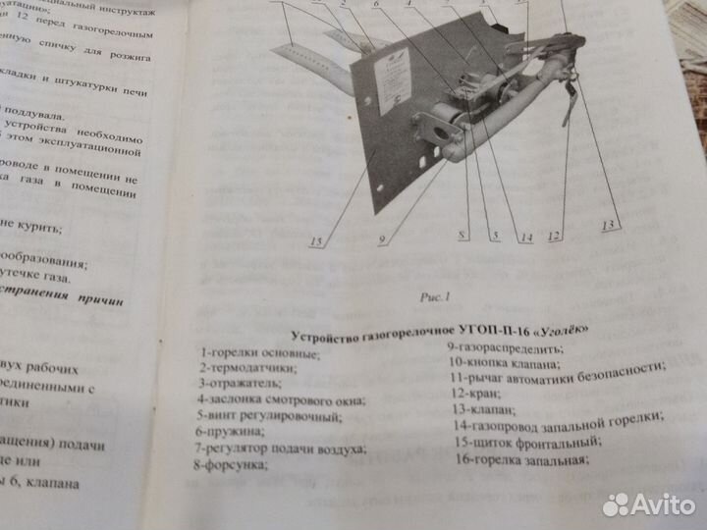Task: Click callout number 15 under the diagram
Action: tap(316, 242)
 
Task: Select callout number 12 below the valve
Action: tap(555, 236)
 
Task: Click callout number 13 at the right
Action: tap(609, 227)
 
